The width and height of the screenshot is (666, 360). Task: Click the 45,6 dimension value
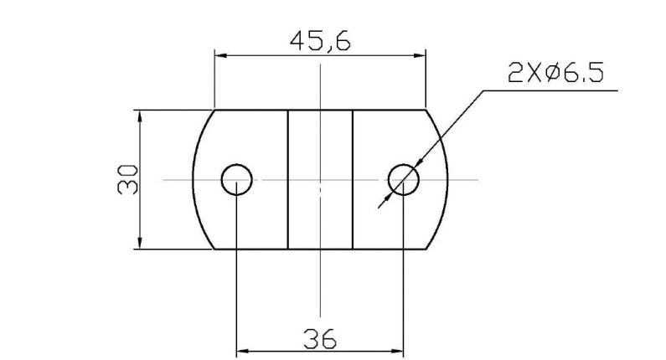click(x=319, y=41)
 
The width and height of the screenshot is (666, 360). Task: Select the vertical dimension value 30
click(x=128, y=179)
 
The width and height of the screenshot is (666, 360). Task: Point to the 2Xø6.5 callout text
click(x=555, y=74)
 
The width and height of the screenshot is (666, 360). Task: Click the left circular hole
click(x=237, y=179)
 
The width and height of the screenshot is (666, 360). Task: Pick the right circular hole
click(x=404, y=179)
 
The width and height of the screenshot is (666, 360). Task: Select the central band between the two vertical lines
click(x=320, y=179)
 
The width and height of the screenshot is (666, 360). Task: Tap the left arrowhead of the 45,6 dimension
click(x=219, y=55)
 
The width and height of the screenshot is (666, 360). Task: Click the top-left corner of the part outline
click(x=214, y=110)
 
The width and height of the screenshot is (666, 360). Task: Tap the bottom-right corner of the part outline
click(x=426, y=249)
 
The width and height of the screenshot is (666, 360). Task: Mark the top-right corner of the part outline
click(x=426, y=110)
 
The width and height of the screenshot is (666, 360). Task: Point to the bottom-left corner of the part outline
click(x=214, y=249)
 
